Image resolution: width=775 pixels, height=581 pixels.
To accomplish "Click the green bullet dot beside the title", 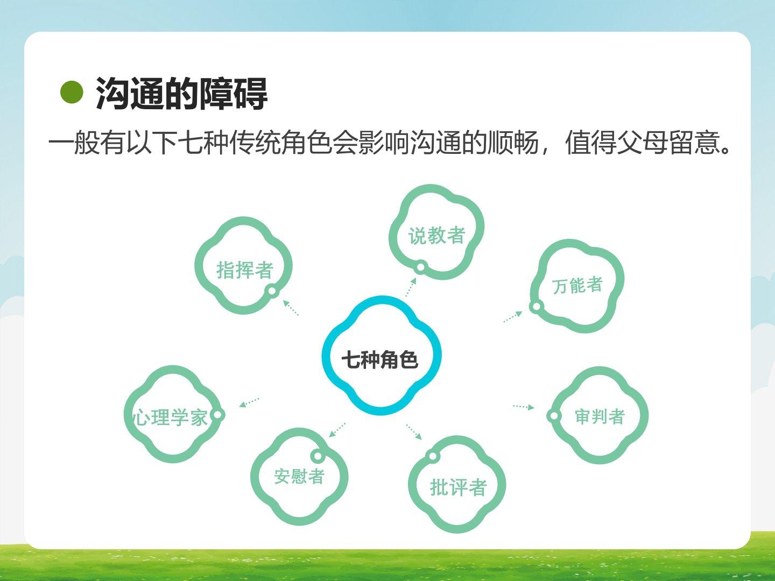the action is point(72,93).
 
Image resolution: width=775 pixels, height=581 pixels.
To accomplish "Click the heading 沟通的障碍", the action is point(181,94).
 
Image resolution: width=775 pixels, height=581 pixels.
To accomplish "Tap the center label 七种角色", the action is point(380,360).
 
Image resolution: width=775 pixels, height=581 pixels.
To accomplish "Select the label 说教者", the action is point(437,235).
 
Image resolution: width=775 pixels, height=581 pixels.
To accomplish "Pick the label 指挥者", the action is point(245,270).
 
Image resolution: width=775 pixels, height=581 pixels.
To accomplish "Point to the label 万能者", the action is point(577,285).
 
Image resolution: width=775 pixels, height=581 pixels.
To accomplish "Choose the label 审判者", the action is point(600,416).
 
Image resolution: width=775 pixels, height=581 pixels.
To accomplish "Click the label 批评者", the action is point(459,488).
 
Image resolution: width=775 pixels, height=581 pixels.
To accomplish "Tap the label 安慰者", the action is point(299,476).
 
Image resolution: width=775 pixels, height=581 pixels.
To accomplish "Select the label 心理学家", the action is point(170,417).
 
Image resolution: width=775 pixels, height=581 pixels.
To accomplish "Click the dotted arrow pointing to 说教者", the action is point(411,287).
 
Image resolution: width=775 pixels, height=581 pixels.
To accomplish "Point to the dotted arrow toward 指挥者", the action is point(291,308).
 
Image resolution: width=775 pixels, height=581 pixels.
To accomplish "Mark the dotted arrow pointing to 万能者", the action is point(513,317).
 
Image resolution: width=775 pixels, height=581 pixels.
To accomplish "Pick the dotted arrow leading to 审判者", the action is point(524,407).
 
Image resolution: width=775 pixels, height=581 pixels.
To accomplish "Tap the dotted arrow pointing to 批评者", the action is point(414,432).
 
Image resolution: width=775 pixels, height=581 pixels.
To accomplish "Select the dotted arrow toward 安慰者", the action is point(337,430).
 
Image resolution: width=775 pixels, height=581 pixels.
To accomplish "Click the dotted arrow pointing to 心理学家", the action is point(249,402).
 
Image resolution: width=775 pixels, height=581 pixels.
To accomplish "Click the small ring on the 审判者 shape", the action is point(554,416).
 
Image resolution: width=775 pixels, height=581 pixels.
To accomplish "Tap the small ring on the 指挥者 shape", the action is point(272,291).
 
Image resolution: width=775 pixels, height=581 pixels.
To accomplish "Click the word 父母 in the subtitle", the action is point(643,143).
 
